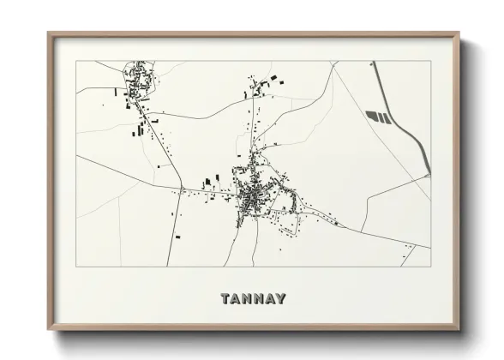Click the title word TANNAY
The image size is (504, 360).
click(x=253, y=299)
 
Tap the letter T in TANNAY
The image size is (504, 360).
click(x=225, y=299)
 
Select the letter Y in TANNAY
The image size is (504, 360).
click(x=281, y=299)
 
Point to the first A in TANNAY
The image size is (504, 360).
click(x=237, y=299)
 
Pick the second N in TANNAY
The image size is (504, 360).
click(x=259, y=299)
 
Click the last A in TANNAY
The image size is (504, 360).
click(x=270, y=299)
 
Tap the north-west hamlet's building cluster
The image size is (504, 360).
click(x=139, y=81)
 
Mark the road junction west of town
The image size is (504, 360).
click(x=183, y=188)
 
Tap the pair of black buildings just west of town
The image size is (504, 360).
click(x=207, y=183)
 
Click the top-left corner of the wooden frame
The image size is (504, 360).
click(x=48, y=33)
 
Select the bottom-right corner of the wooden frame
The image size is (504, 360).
click(x=460, y=330)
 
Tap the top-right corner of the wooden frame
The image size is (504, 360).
click(x=460, y=33)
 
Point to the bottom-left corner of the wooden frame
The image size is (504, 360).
click(x=48, y=330)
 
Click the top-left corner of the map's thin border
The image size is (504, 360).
click(x=75, y=61)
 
